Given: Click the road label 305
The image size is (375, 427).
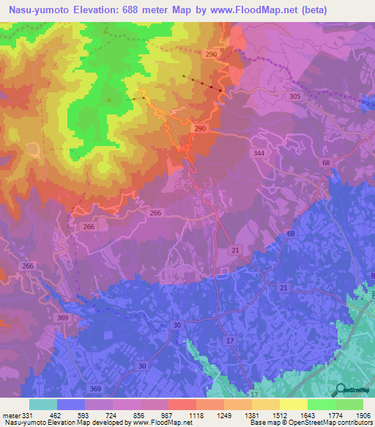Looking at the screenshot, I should pos(294,97).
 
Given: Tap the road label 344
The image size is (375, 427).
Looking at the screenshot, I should pos(258,153).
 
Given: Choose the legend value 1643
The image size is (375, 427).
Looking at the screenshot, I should pos(294,415).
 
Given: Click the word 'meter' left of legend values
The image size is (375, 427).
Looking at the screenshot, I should pos(12,415).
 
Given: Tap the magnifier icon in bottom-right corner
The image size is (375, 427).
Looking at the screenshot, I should pos(339,391).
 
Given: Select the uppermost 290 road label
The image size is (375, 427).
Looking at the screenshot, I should pos(212,56).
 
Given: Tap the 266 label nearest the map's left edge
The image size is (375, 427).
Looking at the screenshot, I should pos(28,266).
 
